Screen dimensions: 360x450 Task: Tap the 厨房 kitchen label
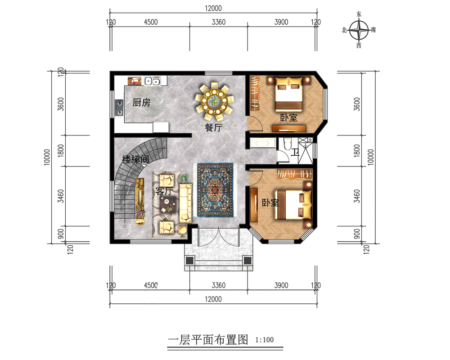click(141, 103)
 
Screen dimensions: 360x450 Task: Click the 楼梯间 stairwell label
click(135, 159)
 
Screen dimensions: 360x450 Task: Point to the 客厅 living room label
click(164, 192)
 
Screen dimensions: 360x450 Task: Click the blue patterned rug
click(214, 190)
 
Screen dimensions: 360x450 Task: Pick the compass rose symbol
click(359, 31)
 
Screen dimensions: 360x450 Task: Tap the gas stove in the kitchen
click(119, 108)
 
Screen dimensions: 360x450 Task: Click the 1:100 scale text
click(264, 340)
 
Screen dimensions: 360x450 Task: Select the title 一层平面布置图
click(207, 340)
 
